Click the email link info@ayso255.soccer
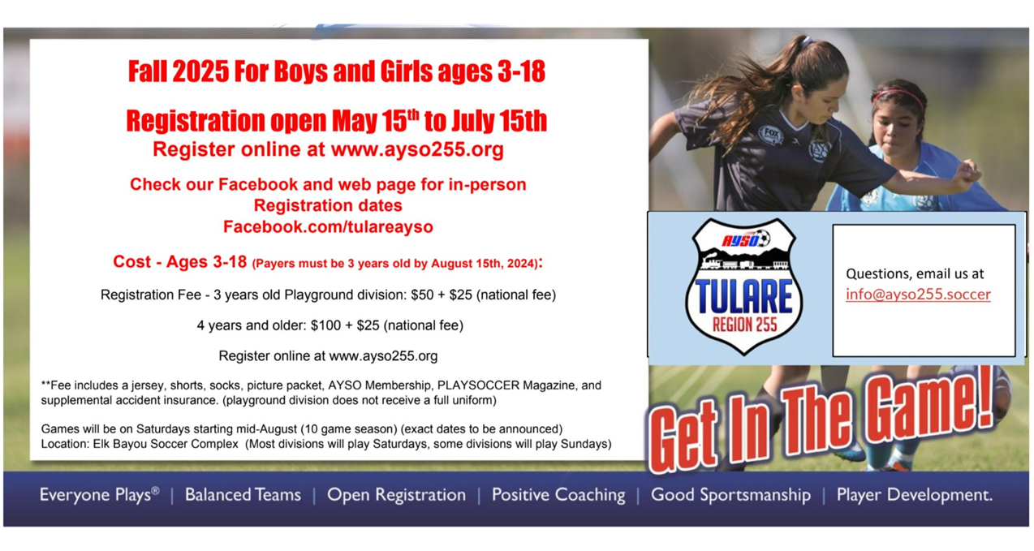pyautogui.click(x=918, y=295)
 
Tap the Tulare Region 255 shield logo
pyautogui.click(x=743, y=286)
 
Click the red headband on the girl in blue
pyautogui.click(x=898, y=96)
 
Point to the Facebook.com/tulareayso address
pyautogui.click(x=328, y=227)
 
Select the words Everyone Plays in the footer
pyautogui.click(x=95, y=495)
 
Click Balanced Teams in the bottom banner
pyautogui.click(x=243, y=495)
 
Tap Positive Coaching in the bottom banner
pyautogui.click(x=558, y=495)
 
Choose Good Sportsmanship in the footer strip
pyautogui.click(x=730, y=495)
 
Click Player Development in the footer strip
pyautogui.click(x=914, y=495)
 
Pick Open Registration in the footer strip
pyautogui.click(x=397, y=495)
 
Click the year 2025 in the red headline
pyautogui.click(x=200, y=71)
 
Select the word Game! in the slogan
pyautogui.click(x=928, y=405)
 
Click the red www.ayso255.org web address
pyautogui.click(x=417, y=149)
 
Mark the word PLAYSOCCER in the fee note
pyautogui.click(x=478, y=385)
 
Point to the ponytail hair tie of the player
pyautogui.click(x=806, y=42)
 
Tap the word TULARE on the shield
pyautogui.click(x=743, y=297)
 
